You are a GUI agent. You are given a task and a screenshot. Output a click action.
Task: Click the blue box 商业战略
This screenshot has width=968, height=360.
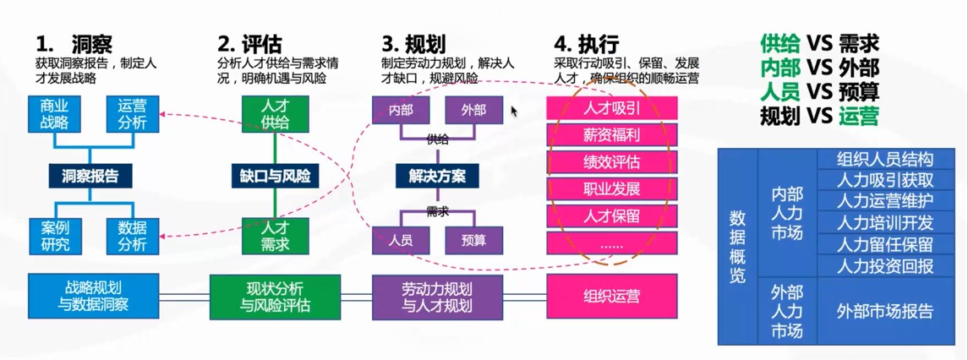coord(55,113)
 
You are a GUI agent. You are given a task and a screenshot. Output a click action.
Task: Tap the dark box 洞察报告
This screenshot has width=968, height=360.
coord(90,176)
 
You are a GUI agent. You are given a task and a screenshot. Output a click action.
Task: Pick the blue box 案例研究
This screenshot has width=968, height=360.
coord(55,236)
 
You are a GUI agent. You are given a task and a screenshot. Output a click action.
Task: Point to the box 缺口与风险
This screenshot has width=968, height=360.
coord(275,176)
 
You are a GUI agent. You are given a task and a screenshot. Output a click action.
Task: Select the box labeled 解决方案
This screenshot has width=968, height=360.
coord(437,176)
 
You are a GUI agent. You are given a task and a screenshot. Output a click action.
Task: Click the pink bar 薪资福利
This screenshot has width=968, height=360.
coord(612,135)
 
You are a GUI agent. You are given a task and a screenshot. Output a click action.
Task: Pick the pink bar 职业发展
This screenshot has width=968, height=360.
coord(612,188)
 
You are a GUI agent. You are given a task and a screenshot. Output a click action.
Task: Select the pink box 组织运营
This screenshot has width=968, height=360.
coord(612,297)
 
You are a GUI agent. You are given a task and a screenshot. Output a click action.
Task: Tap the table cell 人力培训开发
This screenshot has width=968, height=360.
coord(884,223)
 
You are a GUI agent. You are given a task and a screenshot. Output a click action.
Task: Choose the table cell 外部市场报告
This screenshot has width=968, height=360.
coord(884,310)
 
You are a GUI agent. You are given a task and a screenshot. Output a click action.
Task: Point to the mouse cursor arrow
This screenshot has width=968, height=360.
coord(514,111)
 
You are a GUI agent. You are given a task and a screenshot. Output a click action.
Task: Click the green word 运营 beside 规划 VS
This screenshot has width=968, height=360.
coord(858,114)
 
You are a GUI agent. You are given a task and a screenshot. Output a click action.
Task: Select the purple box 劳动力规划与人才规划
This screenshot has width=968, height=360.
coord(437,297)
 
